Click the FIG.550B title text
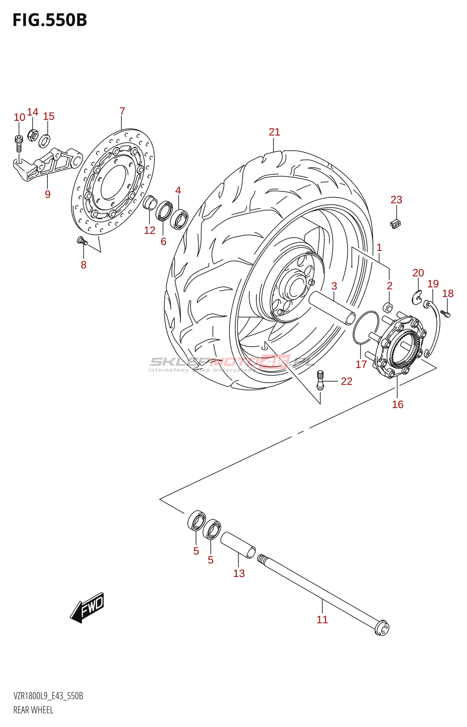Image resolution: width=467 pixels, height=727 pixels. pos(50,20)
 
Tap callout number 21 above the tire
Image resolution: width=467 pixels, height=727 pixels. pos(274,132)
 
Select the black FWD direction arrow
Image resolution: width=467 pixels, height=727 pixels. pos(87,607)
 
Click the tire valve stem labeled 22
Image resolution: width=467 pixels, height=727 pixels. pos(320,380)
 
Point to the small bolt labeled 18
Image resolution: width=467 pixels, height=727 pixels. pos(445,313)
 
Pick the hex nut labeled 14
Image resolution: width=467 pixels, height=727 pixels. pos(33,135)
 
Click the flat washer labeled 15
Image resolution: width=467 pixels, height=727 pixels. pos(45,141)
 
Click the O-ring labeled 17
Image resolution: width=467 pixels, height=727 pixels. pos(366,328)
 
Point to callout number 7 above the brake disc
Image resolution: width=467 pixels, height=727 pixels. pos(122,111)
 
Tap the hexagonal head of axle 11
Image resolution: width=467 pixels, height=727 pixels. pos(382,629)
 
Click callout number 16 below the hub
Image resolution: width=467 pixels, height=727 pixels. pos(397,404)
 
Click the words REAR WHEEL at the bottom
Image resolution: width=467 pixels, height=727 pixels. pos(33,710)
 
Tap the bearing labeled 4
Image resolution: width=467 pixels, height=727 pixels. pos(179,219)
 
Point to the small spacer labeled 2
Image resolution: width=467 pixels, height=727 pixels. pos(388,306)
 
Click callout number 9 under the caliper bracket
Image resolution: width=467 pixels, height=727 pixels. pos(48,194)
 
